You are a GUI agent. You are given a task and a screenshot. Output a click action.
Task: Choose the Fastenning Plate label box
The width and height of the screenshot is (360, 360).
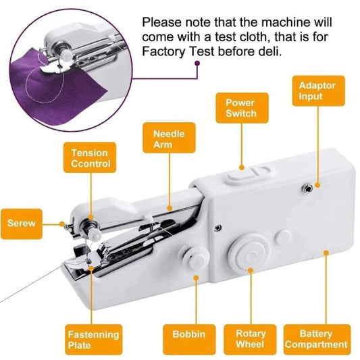point(93,340)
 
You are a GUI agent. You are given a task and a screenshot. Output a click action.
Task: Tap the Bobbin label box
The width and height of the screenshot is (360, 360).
point(184,334)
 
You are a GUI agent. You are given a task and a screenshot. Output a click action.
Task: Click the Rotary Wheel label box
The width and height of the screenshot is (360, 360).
point(251,340)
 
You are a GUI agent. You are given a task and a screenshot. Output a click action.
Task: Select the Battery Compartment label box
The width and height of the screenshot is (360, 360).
point(315,340)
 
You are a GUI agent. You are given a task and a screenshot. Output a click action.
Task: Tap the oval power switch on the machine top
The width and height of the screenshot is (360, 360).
point(241,176)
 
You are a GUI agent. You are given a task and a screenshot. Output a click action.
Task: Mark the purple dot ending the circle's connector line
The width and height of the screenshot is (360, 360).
point(197,64)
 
